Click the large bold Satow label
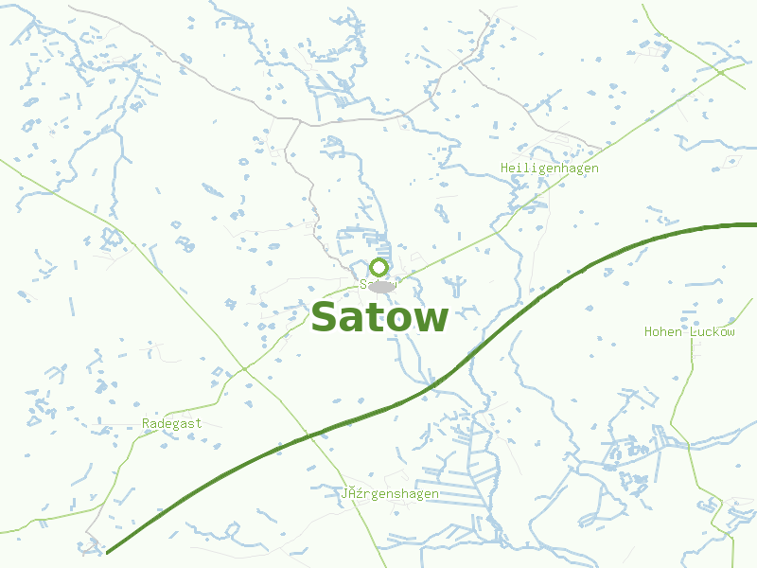(379, 318)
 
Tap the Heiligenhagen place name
(549, 169)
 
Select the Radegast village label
(171, 424)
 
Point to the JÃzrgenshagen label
(390, 494)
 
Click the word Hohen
(663, 332)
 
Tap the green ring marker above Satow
(379, 267)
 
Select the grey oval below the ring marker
(381, 286)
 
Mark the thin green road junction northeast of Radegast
(243, 368)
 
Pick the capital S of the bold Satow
(325, 318)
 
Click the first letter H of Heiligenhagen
(504, 169)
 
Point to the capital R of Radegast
(146, 424)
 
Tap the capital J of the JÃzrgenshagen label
(344, 494)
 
